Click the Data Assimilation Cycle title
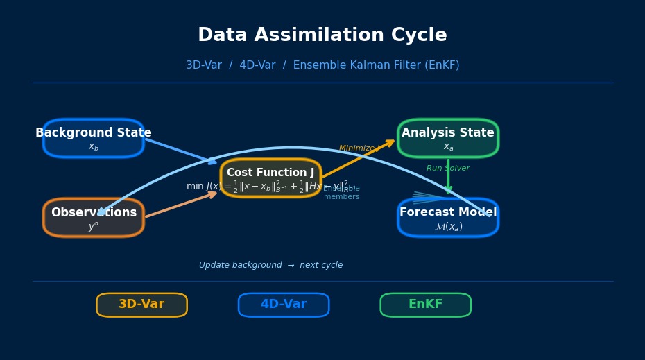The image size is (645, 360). [322, 35]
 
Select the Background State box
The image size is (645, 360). [93, 138]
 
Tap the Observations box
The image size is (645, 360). [93, 218]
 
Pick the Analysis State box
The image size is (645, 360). [448, 138]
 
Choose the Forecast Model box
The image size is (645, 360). [448, 218]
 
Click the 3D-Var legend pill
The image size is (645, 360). [141, 305]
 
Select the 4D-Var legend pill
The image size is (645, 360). [284, 305]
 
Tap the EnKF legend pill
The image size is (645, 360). [425, 305]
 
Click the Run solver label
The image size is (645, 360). [448, 169]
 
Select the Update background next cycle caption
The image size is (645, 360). [270, 265]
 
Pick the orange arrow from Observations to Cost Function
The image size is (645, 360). [180, 205]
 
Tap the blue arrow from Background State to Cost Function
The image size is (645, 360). [180, 151]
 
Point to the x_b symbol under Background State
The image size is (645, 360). [93, 147]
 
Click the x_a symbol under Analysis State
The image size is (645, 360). [448, 147]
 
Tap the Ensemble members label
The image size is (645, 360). [341, 193]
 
